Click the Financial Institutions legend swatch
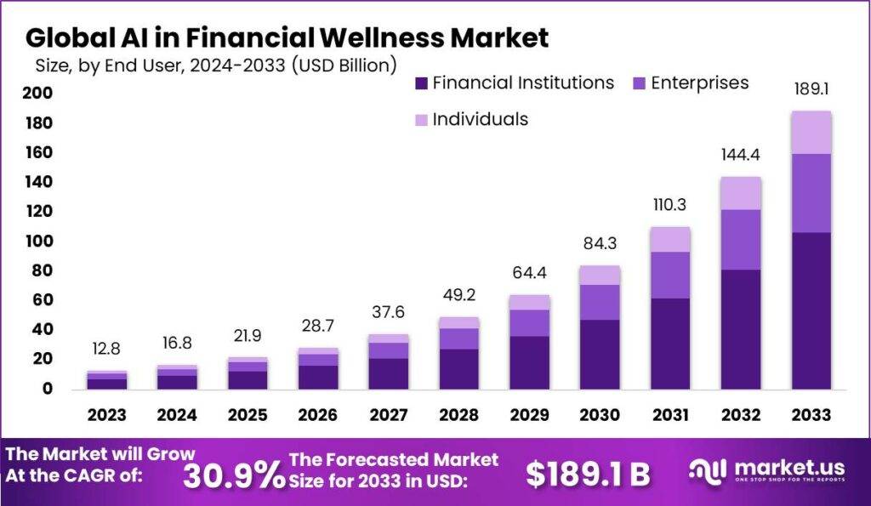(x=422, y=83)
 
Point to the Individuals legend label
(x=480, y=119)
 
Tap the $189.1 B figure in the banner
(x=587, y=476)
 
